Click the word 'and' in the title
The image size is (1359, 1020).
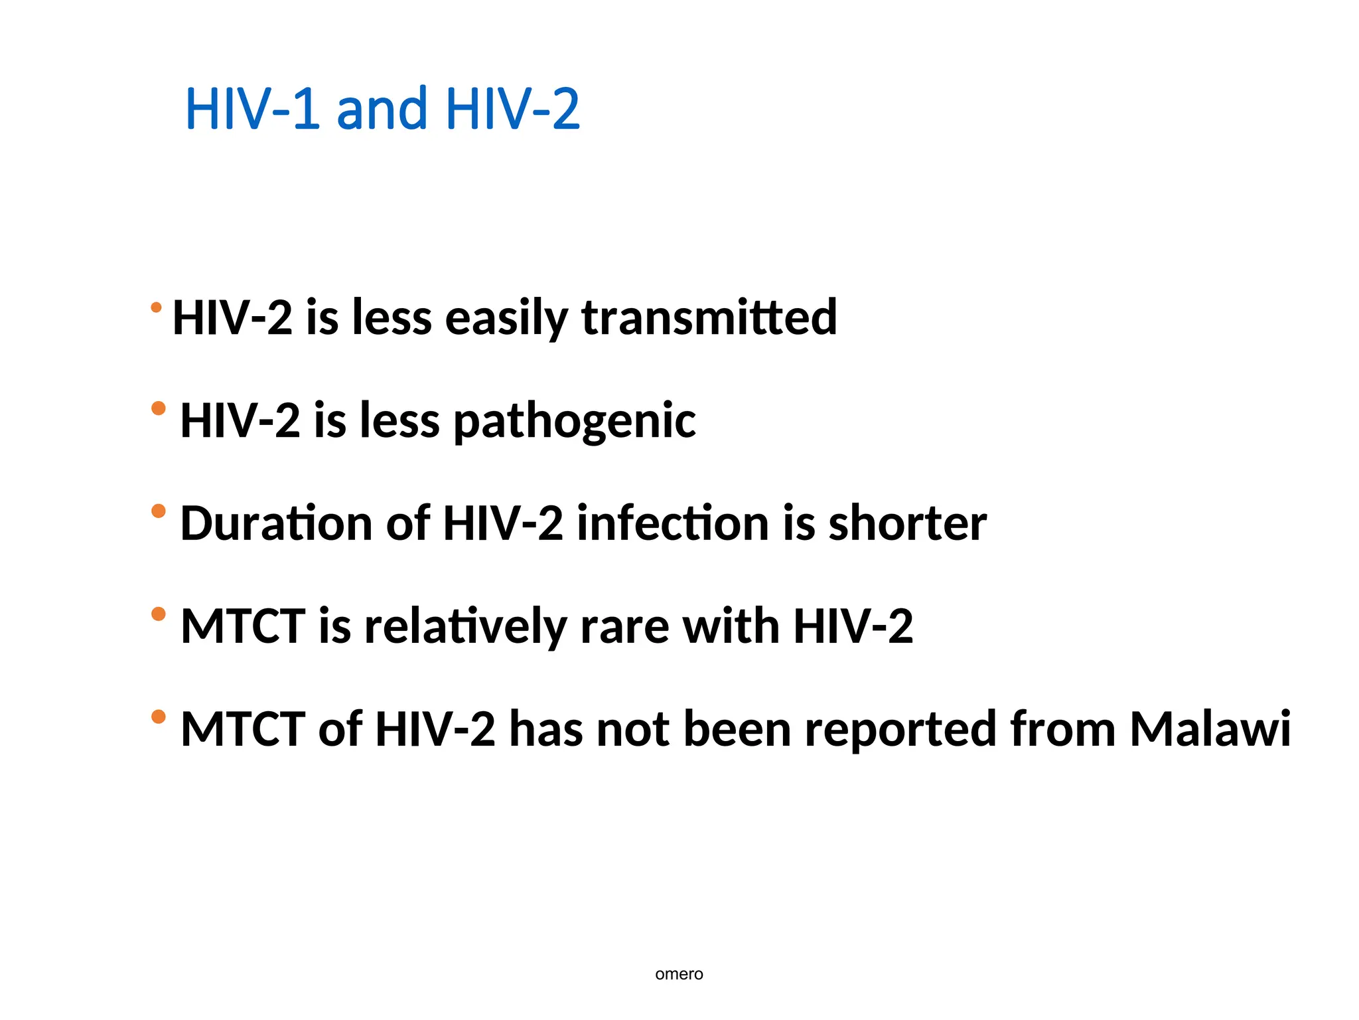382,109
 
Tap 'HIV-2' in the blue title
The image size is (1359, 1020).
512,109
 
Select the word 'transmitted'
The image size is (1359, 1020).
709,317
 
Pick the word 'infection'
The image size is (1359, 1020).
672,523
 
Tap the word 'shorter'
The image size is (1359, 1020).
907,523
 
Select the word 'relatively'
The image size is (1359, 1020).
465,626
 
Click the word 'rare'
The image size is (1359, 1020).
624,628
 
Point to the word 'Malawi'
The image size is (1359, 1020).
1210,729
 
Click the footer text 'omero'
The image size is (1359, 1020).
679,974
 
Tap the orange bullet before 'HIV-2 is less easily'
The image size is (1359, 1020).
156,307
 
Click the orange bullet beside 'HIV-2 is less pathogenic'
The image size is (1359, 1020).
158,408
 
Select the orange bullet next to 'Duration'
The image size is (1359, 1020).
158,511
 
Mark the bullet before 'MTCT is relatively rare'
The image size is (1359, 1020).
158,614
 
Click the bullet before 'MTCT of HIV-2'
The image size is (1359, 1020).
158,717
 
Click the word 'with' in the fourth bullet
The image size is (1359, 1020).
731,626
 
